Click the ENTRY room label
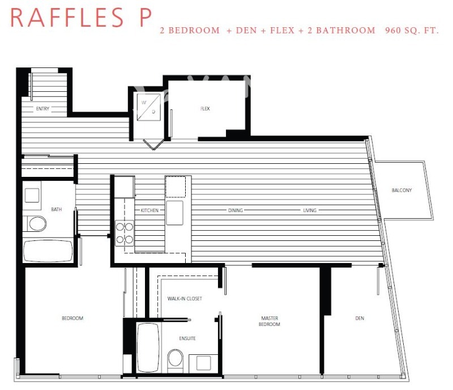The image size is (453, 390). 42,108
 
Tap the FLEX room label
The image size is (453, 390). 205,109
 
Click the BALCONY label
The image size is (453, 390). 401,190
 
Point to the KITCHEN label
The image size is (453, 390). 150,210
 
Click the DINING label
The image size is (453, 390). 236,210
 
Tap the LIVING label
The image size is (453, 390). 310,210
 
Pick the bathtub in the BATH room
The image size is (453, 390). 48,251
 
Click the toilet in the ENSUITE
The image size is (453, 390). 176,359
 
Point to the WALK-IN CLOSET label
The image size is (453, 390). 185,298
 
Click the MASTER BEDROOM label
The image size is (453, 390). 270,321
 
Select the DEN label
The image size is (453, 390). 360,318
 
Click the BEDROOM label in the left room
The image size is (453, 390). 72,318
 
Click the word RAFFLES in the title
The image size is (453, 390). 67,18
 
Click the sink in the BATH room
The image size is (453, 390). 32,195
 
